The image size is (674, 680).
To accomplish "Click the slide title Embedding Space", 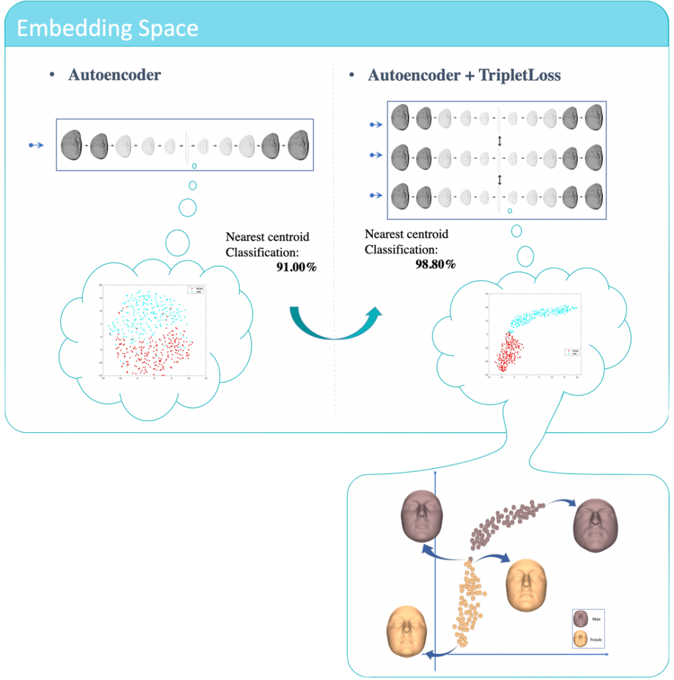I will tap(107, 29).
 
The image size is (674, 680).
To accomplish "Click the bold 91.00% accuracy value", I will tap(297, 268).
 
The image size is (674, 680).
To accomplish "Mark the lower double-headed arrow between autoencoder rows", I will tap(500, 179).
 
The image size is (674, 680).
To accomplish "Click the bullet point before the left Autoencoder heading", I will tap(52, 75).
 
